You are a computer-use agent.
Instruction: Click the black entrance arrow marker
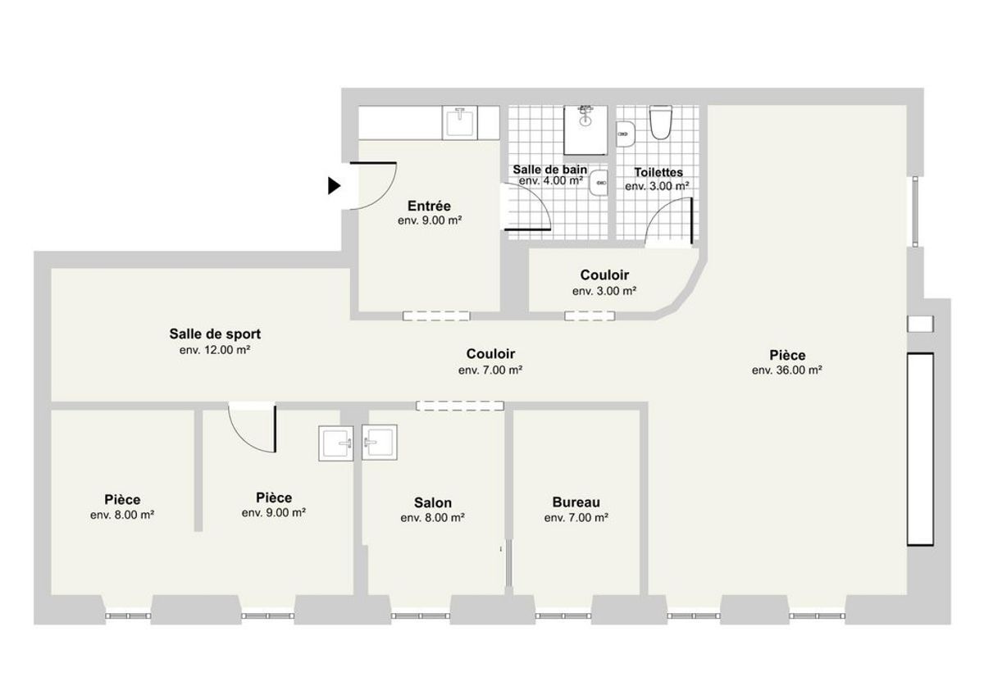[x=334, y=185]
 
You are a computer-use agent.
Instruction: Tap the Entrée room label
[x=429, y=206]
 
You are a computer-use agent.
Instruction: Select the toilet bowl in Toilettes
[x=661, y=121]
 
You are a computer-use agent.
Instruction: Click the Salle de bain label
[x=550, y=169]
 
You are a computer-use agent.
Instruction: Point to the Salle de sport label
[x=215, y=334]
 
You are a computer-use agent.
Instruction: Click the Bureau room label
[x=576, y=502]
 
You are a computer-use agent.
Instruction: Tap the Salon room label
[x=433, y=502]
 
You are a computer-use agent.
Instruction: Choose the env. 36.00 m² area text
[x=786, y=370]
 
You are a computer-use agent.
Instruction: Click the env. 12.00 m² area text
[x=215, y=350]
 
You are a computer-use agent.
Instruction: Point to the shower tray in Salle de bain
[x=585, y=130]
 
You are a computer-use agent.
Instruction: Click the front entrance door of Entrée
[x=373, y=186]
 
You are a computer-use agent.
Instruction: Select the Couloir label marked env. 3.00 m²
[x=604, y=275]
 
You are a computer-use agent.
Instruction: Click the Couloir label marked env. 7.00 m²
[x=490, y=353]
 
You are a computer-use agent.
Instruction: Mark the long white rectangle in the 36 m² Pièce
[x=920, y=449]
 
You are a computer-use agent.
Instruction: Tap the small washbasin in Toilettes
[x=626, y=134]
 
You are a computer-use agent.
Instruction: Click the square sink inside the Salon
[x=380, y=442]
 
